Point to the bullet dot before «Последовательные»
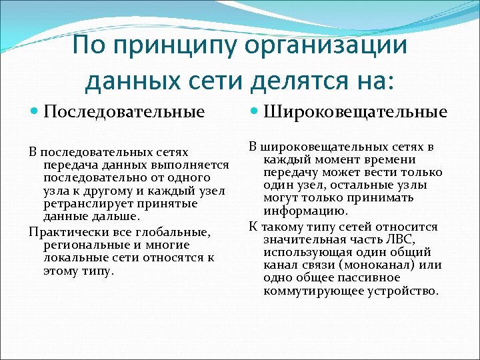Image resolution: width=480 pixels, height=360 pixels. point(35,111)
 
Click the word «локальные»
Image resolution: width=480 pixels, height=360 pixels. point(71,258)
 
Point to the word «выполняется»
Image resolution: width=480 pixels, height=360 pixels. point(194,165)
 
